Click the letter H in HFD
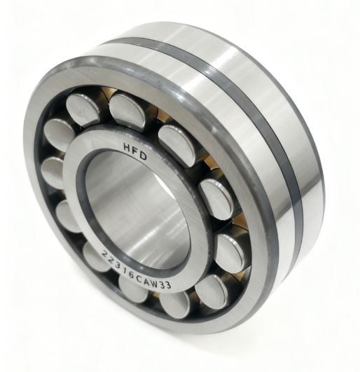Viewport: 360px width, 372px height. (127, 147)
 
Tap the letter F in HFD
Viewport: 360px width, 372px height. (135, 151)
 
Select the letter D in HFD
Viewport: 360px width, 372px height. (143, 156)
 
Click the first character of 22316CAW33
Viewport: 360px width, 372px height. (104, 254)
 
